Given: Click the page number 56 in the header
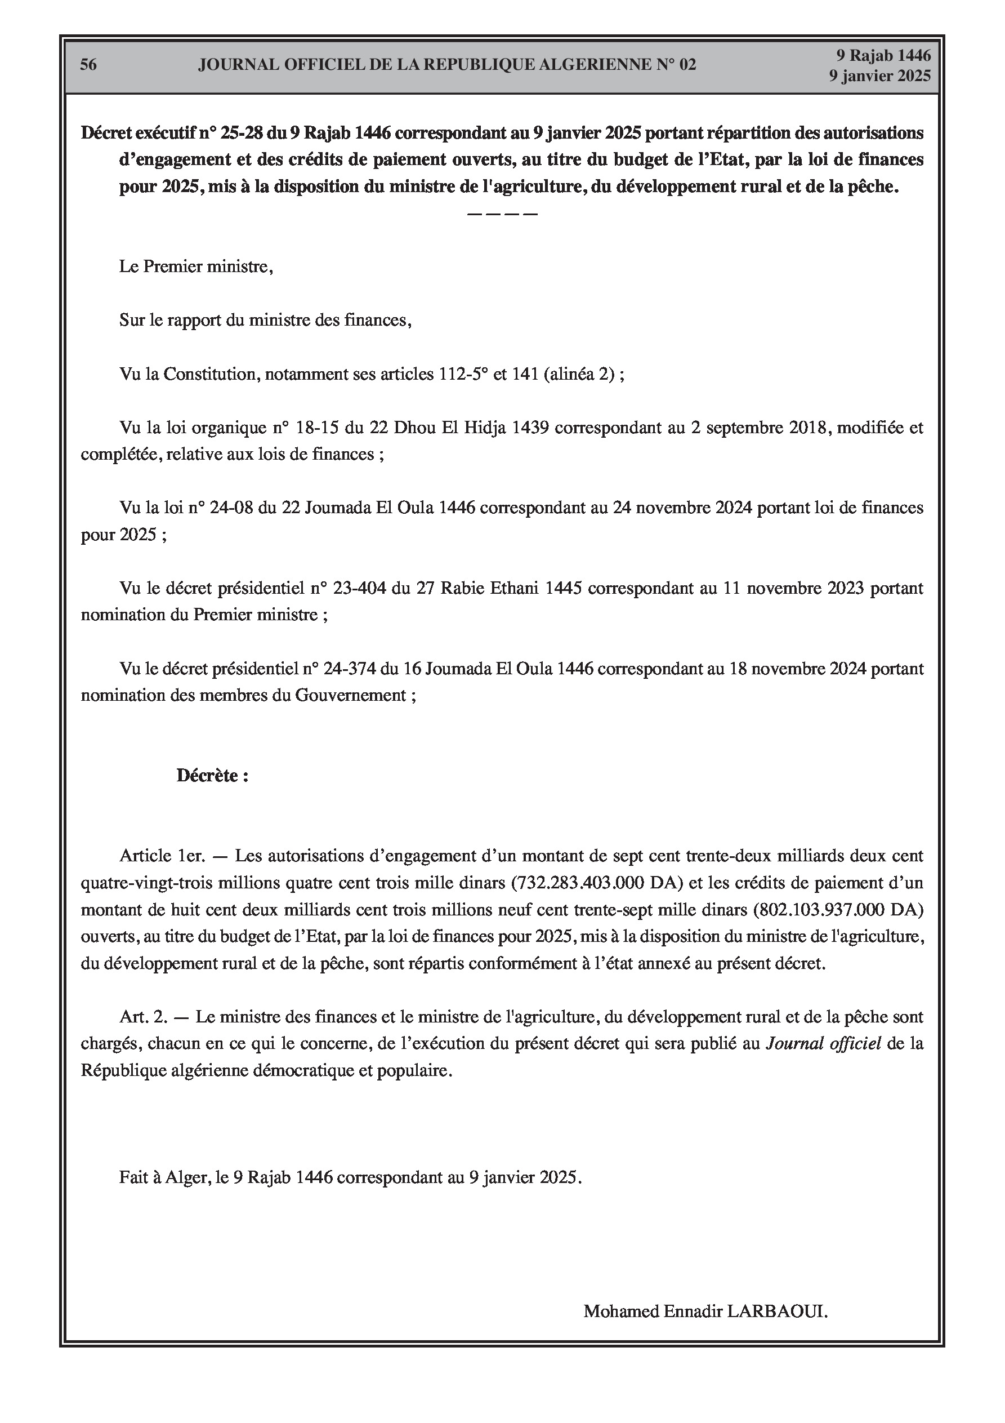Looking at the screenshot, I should [x=88, y=64].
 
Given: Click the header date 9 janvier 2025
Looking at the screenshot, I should [x=880, y=75].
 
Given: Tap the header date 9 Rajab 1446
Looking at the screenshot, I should [x=883, y=55].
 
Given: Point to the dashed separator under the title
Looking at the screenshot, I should [x=502, y=214].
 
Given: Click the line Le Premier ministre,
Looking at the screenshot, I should [x=196, y=266].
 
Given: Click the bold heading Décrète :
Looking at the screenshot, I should [x=212, y=775].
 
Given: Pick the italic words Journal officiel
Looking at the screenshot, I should [x=824, y=1044].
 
